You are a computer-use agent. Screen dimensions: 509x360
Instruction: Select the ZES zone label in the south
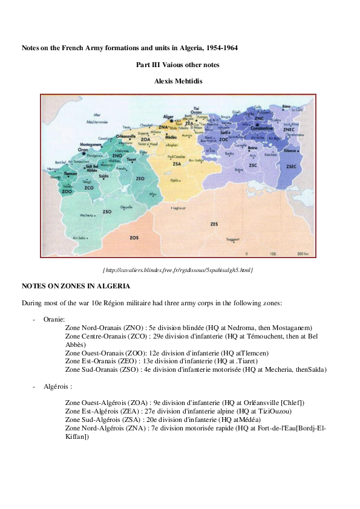[x=214, y=224]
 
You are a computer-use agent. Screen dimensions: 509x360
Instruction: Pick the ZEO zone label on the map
[x=140, y=179]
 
